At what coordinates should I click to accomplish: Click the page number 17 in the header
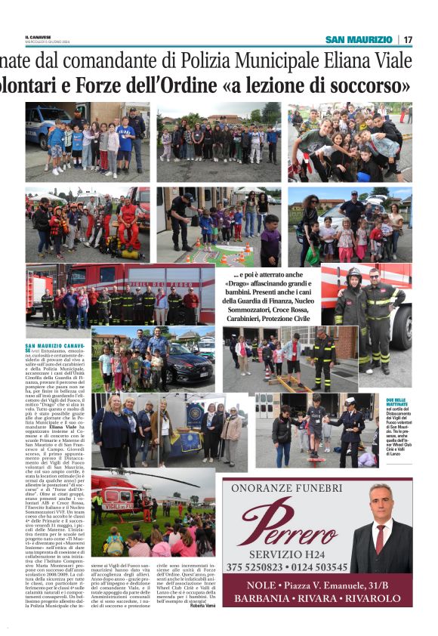pos(408,39)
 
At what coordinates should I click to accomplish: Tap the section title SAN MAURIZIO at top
pos(359,39)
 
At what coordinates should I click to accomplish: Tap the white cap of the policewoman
pos(350,402)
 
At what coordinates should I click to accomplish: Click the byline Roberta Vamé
pos(202,604)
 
